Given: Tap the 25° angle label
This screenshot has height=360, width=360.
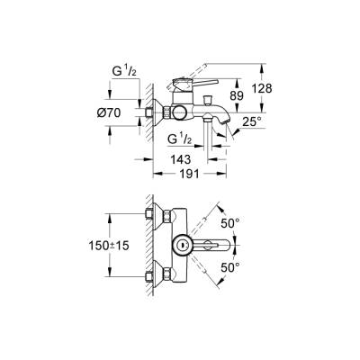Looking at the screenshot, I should coord(253,119).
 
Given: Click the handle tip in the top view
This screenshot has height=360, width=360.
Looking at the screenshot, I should coord(226,244).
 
